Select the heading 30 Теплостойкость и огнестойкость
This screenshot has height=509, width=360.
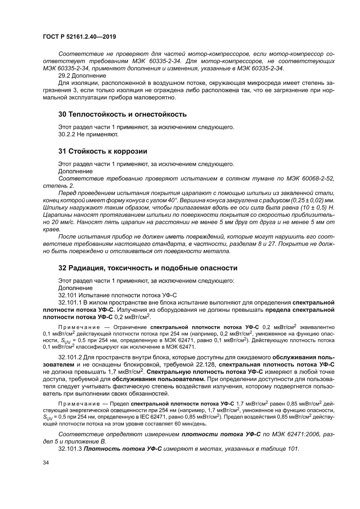pyautogui.click(x=122, y=115)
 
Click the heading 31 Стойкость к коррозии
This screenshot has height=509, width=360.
pyautogui.click(x=103, y=151)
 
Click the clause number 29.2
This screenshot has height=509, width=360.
pyautogui.click(x=65, y=75)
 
